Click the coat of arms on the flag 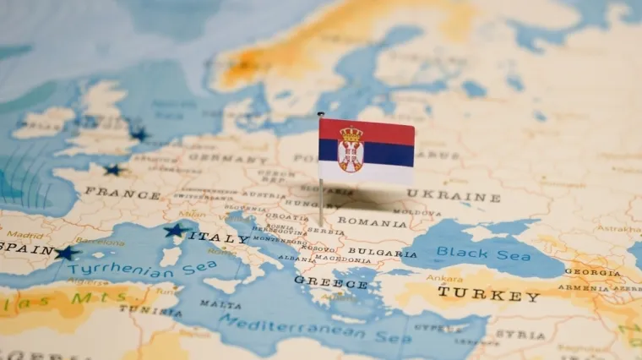coord(351,150)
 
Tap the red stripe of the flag coord(380,131)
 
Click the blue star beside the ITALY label coord(176,230)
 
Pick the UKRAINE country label coord(453,195)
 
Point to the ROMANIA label coord(372,223)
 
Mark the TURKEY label coord(488,295)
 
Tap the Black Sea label coord(483,253)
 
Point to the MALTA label coord(220,303)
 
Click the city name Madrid coord(24,234)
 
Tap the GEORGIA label coord(592,272)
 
